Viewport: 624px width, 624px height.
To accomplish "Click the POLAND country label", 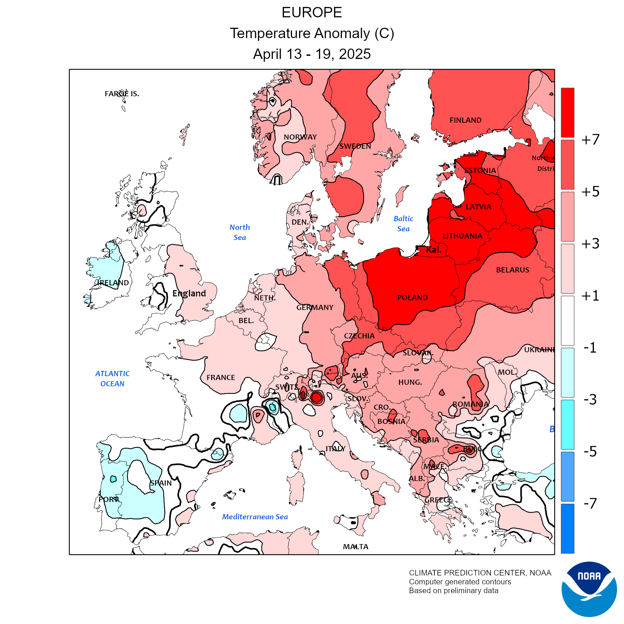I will pos(412,298).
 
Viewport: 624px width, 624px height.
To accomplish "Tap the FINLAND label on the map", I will pos(465,120).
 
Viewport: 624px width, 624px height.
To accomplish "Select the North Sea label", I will pos(240,232).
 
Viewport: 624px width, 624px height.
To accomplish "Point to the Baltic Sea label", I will pos(403,224).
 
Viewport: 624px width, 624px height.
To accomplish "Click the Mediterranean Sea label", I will pos(255,517).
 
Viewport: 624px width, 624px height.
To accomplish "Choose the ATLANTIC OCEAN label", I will pos(112,379).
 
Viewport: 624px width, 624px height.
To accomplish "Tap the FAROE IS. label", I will pos(122,94).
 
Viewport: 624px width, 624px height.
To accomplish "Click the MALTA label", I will pos(356,547).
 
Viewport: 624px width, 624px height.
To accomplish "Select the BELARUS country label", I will pos(512,270).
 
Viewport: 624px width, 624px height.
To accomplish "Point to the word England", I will pos(189,294).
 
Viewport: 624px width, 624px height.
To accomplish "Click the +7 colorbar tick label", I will pos(590,140).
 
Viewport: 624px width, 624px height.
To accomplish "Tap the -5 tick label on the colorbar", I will pos(590,451).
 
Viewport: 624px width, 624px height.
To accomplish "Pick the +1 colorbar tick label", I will pos(590,296).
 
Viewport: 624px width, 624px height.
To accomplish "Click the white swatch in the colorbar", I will pos(567,320).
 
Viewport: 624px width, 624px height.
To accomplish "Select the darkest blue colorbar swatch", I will pos(567,528).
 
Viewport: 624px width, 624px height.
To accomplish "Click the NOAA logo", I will pos(589,589).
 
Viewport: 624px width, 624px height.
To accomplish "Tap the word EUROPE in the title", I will pos(312,13).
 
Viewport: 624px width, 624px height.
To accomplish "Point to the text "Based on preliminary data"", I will pos(453,591).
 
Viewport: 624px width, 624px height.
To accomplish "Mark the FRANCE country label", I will pos(220,378).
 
